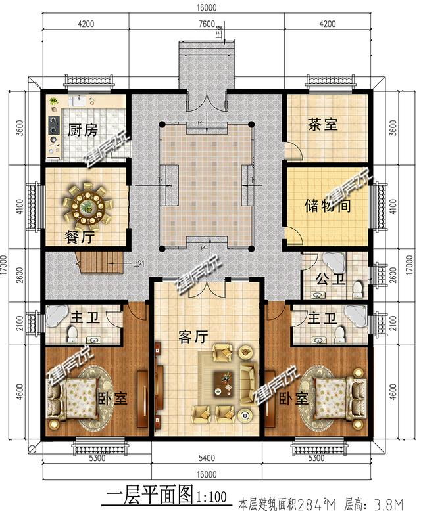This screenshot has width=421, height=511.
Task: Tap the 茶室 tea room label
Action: click(x=323, y=123)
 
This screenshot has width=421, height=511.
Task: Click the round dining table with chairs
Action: click(x=87, y=204)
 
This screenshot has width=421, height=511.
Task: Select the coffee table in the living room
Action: click(x=226, y=382)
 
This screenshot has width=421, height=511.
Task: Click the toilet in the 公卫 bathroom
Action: click(x=358, y=288)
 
